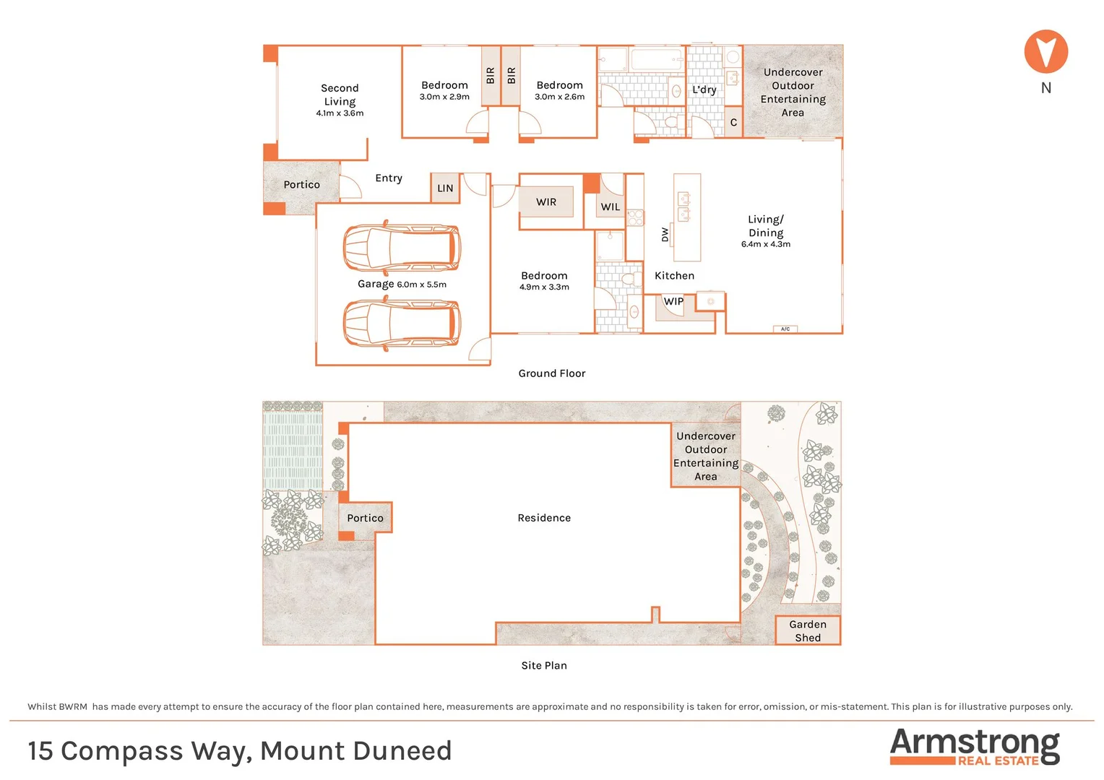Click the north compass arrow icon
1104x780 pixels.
point(1045,51)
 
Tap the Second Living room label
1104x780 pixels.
point(340,95)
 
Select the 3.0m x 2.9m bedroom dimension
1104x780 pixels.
point(444,97)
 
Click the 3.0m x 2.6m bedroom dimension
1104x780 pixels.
point(559,97)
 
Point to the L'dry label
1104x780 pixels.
point(704,90)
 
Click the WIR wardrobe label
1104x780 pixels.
point(546,202)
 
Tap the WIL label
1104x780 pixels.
point(611,207)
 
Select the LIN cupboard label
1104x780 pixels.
point(445,188)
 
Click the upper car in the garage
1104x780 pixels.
point(402,248)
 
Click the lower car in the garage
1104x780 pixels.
point(402,324)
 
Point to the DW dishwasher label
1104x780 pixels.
point(665,235)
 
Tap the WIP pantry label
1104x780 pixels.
point(673,301)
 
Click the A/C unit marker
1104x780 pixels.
point(785,329)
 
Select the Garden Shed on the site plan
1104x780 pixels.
point(808,630)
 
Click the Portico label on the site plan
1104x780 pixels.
point(365,518)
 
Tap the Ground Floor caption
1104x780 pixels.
point(552,373)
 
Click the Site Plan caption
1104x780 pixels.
point(544,665)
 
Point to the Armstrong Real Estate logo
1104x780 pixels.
point(975,747)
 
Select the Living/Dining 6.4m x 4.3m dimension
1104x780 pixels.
point(766,244)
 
